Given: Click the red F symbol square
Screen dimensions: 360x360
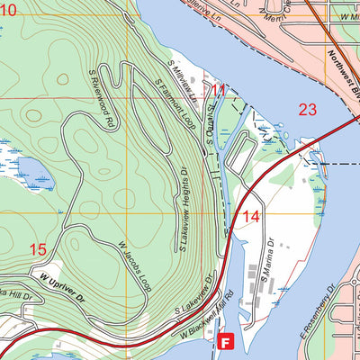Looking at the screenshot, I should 227,342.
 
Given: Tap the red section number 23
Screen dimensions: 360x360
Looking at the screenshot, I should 308,109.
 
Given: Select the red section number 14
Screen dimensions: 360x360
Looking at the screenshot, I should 251,216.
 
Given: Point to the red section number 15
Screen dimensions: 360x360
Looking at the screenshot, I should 37,249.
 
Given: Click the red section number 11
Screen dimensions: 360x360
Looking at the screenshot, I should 217,90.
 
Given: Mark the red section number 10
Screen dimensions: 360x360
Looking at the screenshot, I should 8,10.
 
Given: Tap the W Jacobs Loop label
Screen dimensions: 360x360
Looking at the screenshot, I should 136,262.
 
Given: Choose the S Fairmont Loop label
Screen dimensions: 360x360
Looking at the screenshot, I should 175,104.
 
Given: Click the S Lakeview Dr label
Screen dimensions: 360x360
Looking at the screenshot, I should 193,298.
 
